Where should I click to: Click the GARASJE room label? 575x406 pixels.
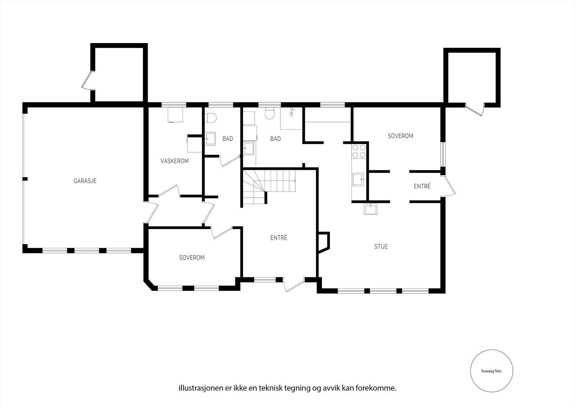pyautogui.click(x=85, y=181)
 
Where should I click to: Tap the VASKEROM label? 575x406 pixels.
pyautogui.click(x=175, y=161)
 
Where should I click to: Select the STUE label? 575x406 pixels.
pyautogui.click(x=381, y=247)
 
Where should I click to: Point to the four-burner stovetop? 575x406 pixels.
pyautogui.click(x=359, y=151)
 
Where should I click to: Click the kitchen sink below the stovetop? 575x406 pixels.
pyautogui.click(x=358, y=179)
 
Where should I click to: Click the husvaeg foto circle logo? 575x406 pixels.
pyautogui.click(x=492, y=371)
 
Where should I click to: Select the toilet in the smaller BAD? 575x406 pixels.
pyautogui.click(x=211, y=118)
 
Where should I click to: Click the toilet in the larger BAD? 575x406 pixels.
pyautogui.click(x=270, y=113)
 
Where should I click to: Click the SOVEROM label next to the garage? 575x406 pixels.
pyautogui.click(x=192, y=257)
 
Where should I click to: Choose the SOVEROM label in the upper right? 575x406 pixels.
pyautogui.click(x=400, y=136)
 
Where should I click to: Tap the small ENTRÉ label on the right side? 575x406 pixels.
pyautogui.click(x=422, y=186)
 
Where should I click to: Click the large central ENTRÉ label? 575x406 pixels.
pyautogui.click(x=279, y=238)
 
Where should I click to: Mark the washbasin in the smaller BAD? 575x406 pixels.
pyautogui.click(x=211, y=139)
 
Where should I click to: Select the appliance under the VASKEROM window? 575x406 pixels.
pyautogui.click(x=175, y=115)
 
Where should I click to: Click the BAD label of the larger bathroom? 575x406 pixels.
pyautogui.click(x=275, y=139)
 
